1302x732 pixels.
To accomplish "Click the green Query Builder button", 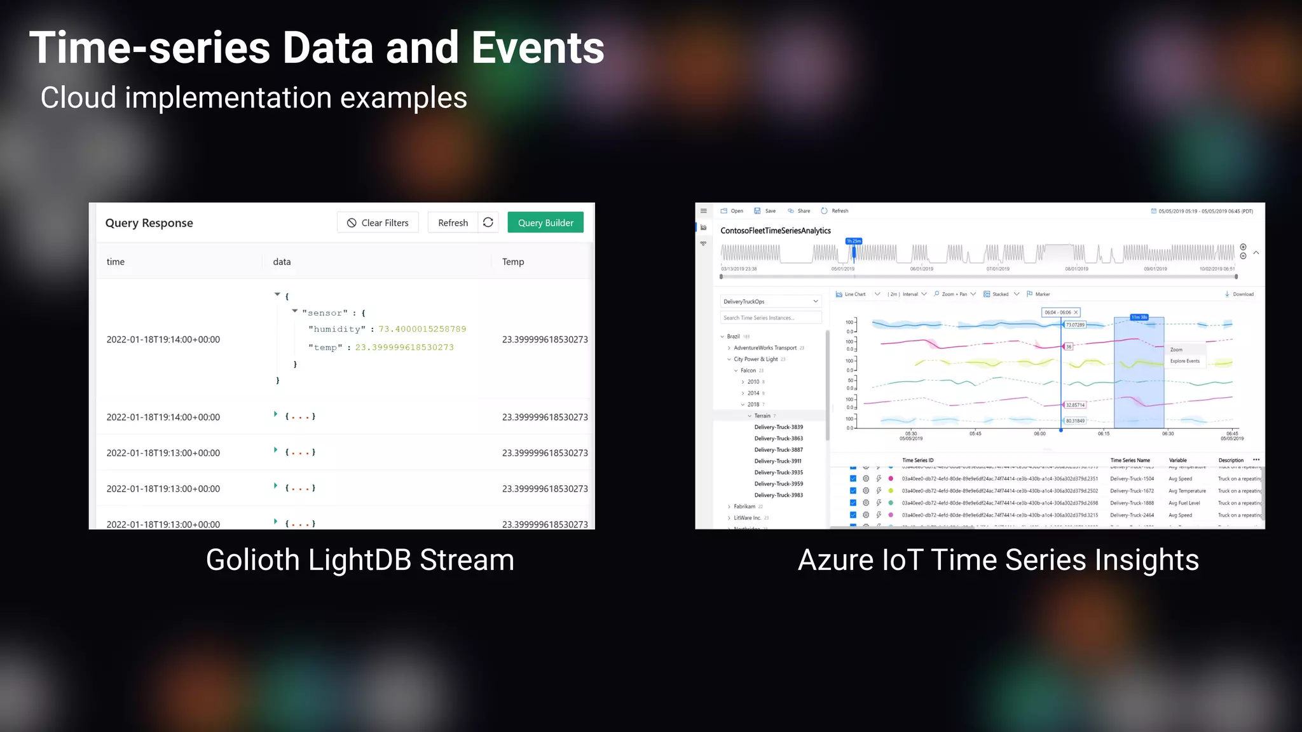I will [x=545, y=222].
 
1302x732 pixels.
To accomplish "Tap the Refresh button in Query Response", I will [x=453, y=222].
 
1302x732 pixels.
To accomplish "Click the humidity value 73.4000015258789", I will [x=422, y=329].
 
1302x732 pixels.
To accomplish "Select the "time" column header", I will [x=116, y=262].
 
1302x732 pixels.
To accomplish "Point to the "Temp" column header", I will [x=513, y=262].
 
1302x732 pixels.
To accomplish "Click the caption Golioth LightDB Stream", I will [x=360, y=560].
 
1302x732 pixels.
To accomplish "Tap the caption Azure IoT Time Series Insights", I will [x=998, y=560].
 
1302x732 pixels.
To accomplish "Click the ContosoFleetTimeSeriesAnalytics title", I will [x=776, y=231].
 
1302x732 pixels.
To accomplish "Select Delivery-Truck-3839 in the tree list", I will [x=778, y=427].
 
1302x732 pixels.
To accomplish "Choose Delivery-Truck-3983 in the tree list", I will [x=778, y=495].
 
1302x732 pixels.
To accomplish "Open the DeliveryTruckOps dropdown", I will [x=771, y=301].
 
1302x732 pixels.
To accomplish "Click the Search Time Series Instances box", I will [x=771, y=318].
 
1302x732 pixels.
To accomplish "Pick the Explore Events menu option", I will [x=1184, y=361].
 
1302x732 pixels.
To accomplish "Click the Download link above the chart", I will [x=1240, y=294].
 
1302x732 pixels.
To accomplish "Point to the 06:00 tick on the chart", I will [x=1039, y=433].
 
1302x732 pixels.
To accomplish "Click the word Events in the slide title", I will [x=538, y=48].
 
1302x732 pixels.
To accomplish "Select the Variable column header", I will [x=1177, y=460].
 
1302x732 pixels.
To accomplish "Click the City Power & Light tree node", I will [x=755, y=359].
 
